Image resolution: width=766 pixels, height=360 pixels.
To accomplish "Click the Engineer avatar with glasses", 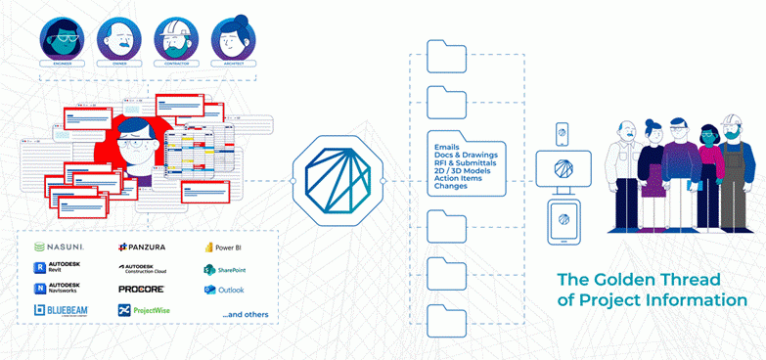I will pyautogui.click(x=63, y=37).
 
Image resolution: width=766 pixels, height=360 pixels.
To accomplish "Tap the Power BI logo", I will pyautogui.click(x=224, y=247).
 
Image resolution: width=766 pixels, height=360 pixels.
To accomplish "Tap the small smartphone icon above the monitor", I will pyautogui.click(x=562, y=132).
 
